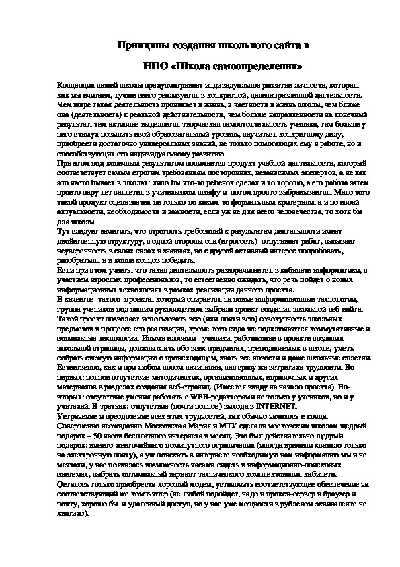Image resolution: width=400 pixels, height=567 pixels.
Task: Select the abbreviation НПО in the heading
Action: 155,67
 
